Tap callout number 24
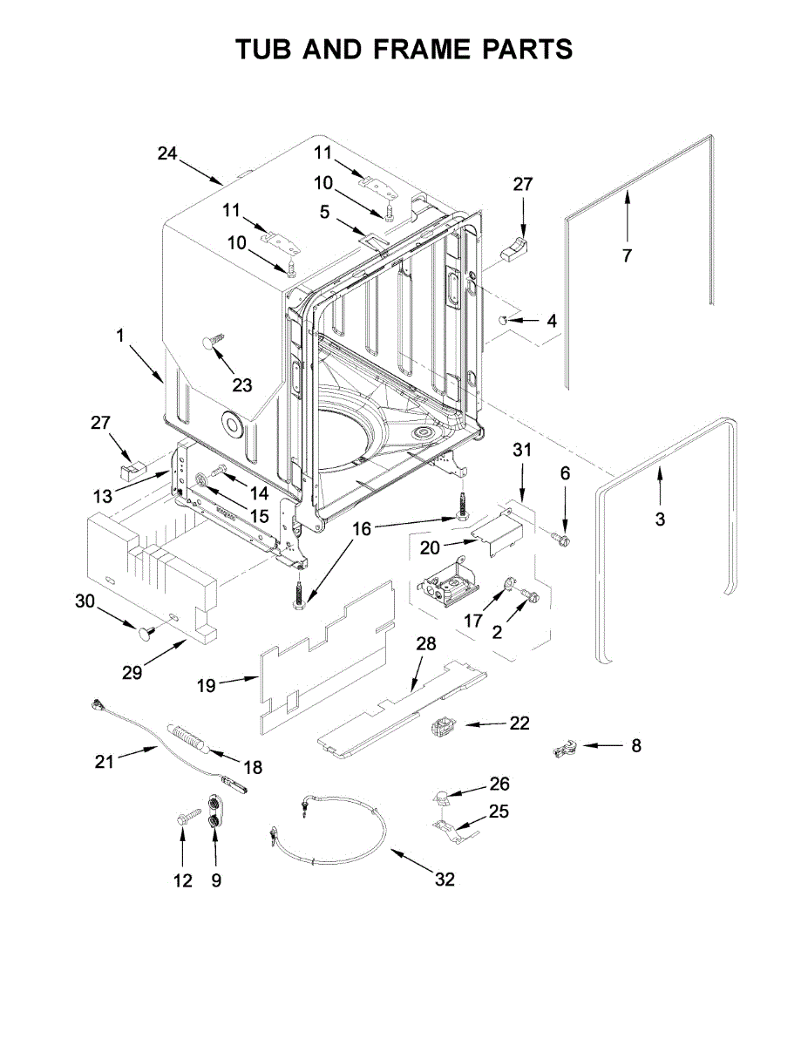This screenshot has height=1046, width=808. click(167, 153)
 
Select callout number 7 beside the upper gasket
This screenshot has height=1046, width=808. click(626, 255)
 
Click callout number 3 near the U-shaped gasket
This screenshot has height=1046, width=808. click(660, 519)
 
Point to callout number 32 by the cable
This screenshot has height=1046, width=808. click(445, 880)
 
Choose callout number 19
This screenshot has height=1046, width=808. click(206, 685)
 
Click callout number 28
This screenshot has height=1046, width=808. click(425, 644)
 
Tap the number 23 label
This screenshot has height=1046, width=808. click(241, 384)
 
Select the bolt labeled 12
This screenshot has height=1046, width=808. click(184, 819)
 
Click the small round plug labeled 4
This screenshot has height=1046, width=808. click(504, 321)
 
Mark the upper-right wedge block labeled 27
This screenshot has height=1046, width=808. click(516, 248)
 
